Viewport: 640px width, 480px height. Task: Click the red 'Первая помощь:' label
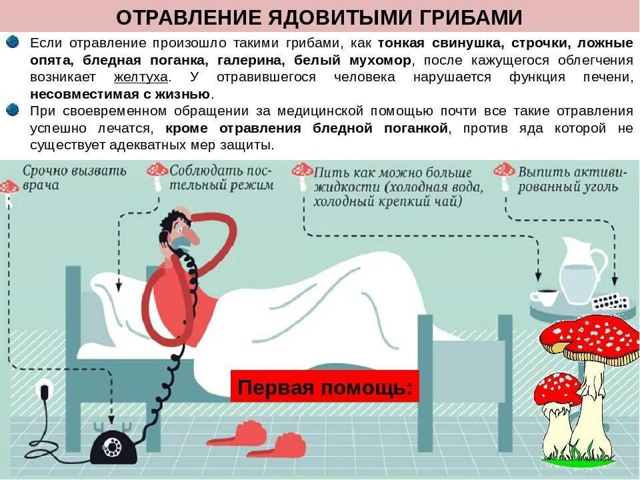(325, 387)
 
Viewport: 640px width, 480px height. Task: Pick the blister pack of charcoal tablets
(613, 301)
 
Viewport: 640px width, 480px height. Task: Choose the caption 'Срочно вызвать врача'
(73, 178)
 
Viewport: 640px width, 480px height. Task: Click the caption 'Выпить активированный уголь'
(572, 179)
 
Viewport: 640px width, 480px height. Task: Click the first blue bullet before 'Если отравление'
(12, 43)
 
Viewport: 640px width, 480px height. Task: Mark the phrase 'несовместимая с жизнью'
(120, 94)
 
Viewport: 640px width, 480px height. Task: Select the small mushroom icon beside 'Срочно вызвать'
(9, 189)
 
